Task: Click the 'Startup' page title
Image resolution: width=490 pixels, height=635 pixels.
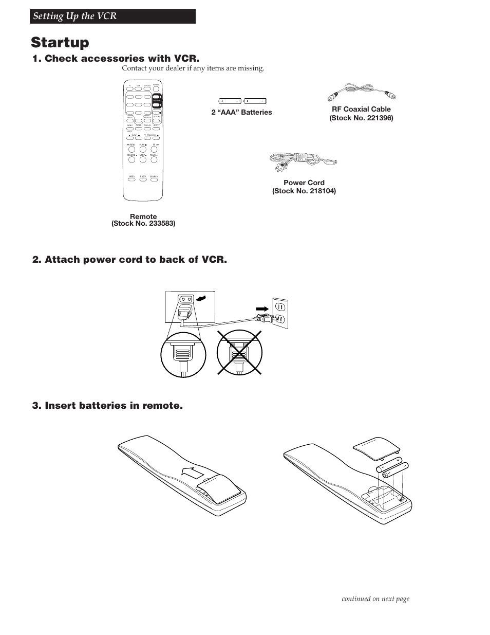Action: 60,42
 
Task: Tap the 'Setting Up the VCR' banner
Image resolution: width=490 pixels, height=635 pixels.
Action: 75,16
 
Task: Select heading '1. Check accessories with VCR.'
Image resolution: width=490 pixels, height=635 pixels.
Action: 116,59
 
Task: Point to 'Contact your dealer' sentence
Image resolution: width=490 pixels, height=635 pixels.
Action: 193,68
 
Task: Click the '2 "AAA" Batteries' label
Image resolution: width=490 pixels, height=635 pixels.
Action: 241,113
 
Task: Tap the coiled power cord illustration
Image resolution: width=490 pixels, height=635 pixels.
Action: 303,162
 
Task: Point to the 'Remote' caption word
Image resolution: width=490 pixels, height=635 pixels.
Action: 143,216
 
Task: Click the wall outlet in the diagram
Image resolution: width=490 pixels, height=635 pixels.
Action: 280,313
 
